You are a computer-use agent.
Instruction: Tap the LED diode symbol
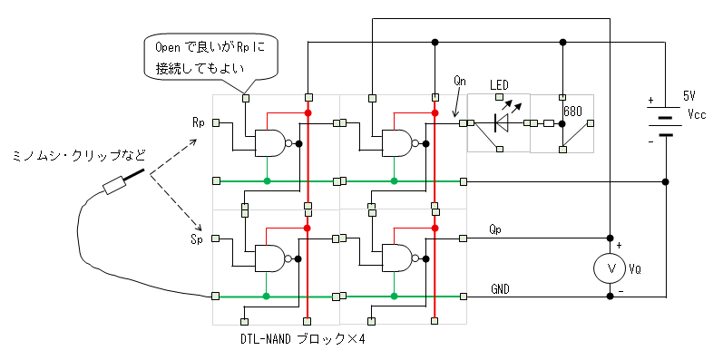(x=501, y=122)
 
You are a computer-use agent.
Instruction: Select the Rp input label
(x=199, y=123)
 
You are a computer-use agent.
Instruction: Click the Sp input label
(x=197, y=239)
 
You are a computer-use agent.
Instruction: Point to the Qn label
(x=460, y=81)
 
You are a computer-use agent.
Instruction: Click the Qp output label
(x=495, y=229)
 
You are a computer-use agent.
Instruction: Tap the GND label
(x=500, y=289)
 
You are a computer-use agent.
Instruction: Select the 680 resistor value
(x=572, y=112)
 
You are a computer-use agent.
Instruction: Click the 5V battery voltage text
(x=689, y=96)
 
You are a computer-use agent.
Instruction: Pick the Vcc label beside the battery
(x=696, y=113)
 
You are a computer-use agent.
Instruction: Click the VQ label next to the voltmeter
(x=635, y=269)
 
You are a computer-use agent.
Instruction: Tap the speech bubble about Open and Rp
(x=210, y=58)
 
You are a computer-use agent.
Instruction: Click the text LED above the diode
(x=499, y=85)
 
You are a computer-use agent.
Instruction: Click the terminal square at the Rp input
(x=216, y=122)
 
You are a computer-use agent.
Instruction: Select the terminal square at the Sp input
(x=216, y=238)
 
